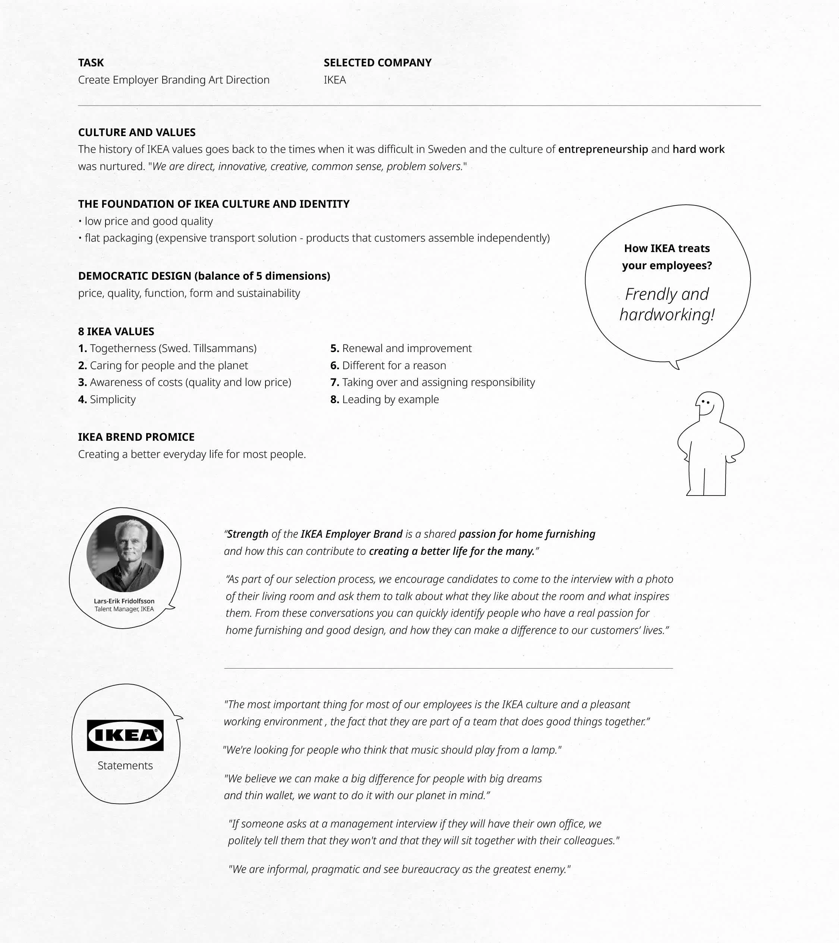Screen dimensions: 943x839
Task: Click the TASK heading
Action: tap(91, 63)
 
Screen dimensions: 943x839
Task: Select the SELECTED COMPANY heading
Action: tap(377, 63)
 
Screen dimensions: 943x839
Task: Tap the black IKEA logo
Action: tap(125, 735)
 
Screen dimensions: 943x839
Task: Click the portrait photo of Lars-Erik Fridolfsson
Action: tap(125, 554)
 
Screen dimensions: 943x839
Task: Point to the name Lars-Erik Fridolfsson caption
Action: tap(124, 601)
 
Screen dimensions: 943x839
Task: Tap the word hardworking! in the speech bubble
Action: tap(667, 315)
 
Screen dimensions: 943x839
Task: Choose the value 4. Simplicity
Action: tap(107, 399)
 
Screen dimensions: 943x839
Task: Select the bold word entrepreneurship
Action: tap(603, 150)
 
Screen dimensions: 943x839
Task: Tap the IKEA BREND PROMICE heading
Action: tap(136, 437)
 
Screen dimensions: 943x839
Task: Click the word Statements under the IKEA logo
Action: tap(125, 766)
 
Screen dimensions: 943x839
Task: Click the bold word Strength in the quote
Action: tap(248, 534)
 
